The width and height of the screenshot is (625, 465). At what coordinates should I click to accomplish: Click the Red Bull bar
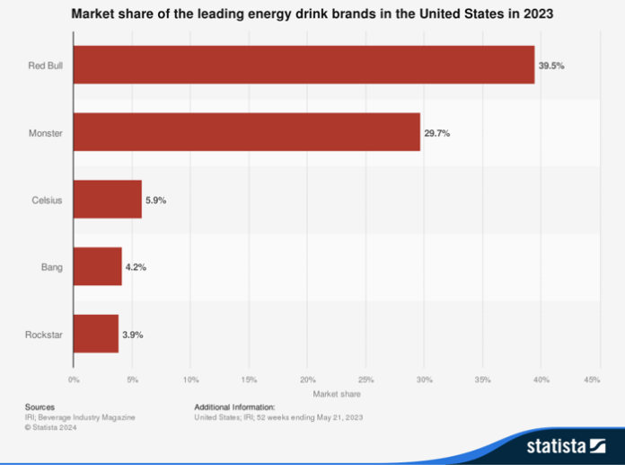(x=304, y=65)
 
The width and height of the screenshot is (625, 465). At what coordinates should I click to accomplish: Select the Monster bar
(x=247, y=132)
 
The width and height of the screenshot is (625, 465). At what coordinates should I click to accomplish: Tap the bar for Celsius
(x=108, y=200)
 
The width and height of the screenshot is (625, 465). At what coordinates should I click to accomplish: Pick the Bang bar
(x=97, y=267)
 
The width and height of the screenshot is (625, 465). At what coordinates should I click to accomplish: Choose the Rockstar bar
(x=96, y=335)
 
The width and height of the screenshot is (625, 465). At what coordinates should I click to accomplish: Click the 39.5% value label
(x=551, y=65)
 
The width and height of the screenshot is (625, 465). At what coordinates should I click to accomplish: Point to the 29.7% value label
(x=437, y=132)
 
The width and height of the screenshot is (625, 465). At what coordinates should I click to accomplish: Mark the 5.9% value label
(x=156, y=200)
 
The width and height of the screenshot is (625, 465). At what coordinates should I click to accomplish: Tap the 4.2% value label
(x=136, y=267)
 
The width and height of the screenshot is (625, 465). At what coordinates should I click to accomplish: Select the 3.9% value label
(x=133, y=335)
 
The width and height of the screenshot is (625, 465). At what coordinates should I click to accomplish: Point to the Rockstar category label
(x=42, y=335)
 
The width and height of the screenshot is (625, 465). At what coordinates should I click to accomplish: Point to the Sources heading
(x=40, y=407)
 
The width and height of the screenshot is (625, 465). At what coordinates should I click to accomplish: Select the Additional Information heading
(x=235, y=407)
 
